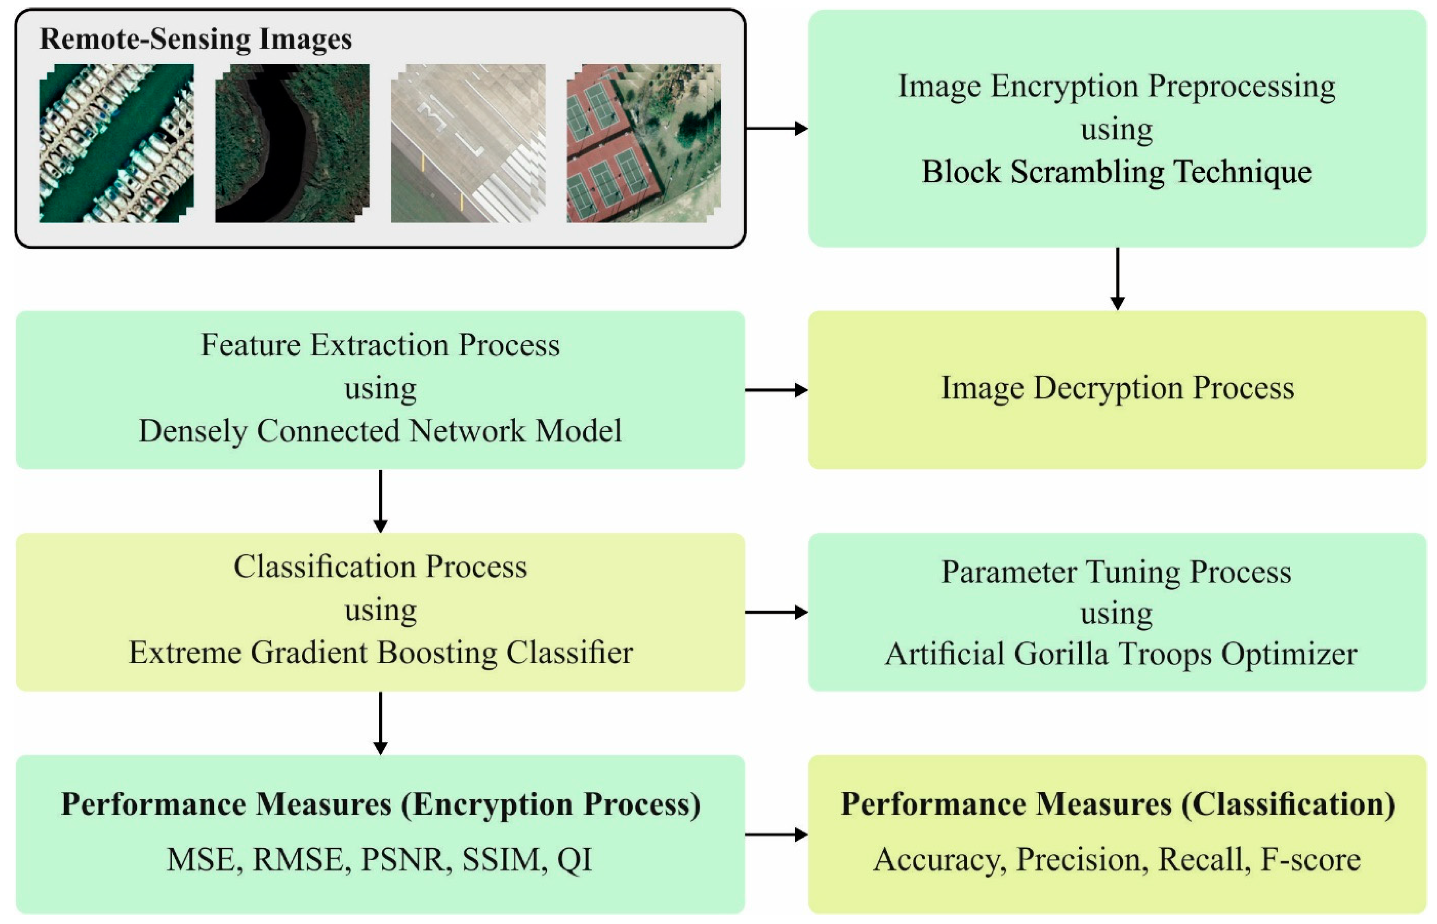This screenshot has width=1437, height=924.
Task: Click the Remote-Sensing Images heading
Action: coord(196,39)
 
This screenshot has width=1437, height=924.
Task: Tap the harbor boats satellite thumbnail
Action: coord(116,143)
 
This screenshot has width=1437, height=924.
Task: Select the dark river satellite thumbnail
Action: coord(292,143)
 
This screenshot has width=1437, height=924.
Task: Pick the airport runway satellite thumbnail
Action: coord(468,143)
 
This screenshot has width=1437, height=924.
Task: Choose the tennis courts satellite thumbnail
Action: coord(643,143)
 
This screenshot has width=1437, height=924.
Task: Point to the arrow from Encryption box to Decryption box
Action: coord(1117,279)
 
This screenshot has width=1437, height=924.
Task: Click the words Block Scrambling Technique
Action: coord(1116,172)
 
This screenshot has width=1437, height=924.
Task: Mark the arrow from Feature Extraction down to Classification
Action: coord(380,501)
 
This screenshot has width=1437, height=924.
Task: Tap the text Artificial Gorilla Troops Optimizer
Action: coord(1121,654)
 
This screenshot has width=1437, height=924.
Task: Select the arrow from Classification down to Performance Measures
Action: coord(380,723)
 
